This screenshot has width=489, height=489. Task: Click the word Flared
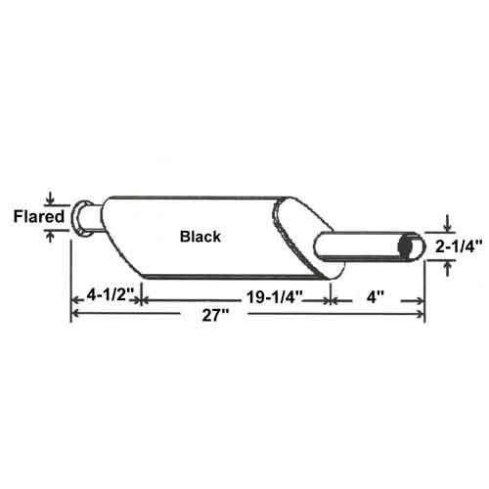(38, 217)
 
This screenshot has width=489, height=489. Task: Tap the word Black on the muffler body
(200, 237)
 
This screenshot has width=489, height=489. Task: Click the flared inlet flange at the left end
(82, 215)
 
